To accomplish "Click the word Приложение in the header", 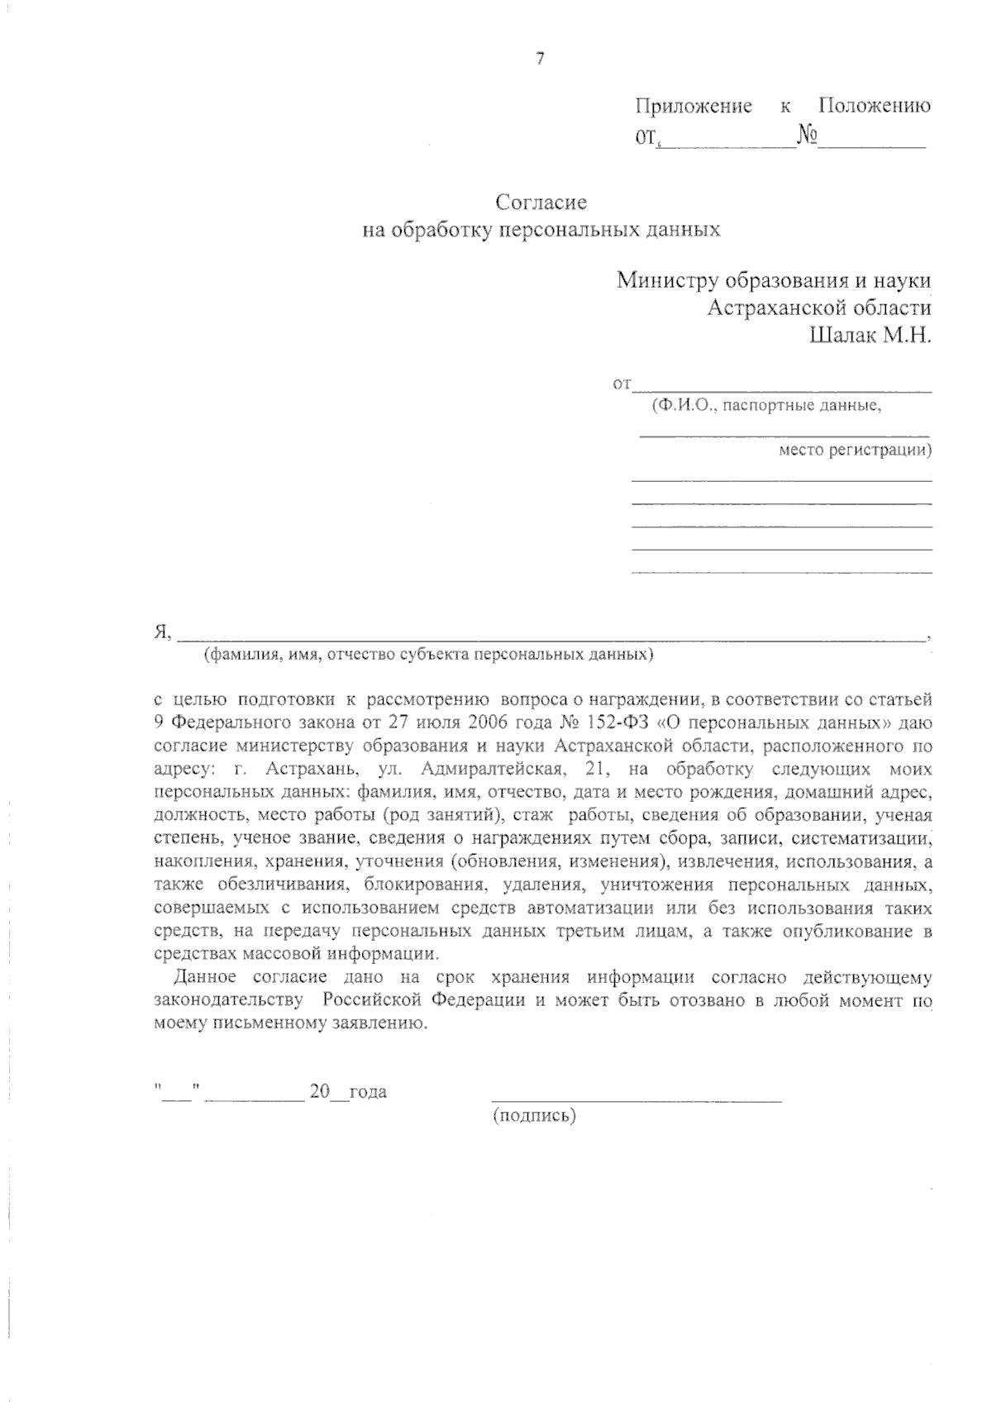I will click(694, 106).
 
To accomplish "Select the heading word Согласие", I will click(541, 202).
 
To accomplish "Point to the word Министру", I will click(667, 280).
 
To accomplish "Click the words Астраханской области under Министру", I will click(819, 308).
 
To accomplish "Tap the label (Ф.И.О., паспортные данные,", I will click(765, 406).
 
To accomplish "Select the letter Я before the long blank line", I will click(161, 633).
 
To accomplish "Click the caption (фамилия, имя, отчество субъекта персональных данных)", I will click(428, 655).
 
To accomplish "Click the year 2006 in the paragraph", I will click(467, 722).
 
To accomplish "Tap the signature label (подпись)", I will click(534, 1116).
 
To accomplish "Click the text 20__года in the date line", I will click(348, 1091).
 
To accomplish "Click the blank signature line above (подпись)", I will click(636, 1099).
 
